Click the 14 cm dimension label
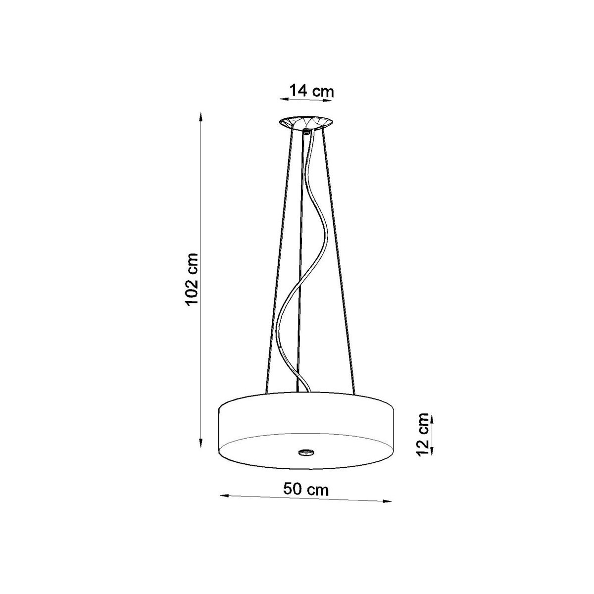[x=305, y=91]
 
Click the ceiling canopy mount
[x=305, y=122]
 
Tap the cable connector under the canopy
[x=306, y=132]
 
